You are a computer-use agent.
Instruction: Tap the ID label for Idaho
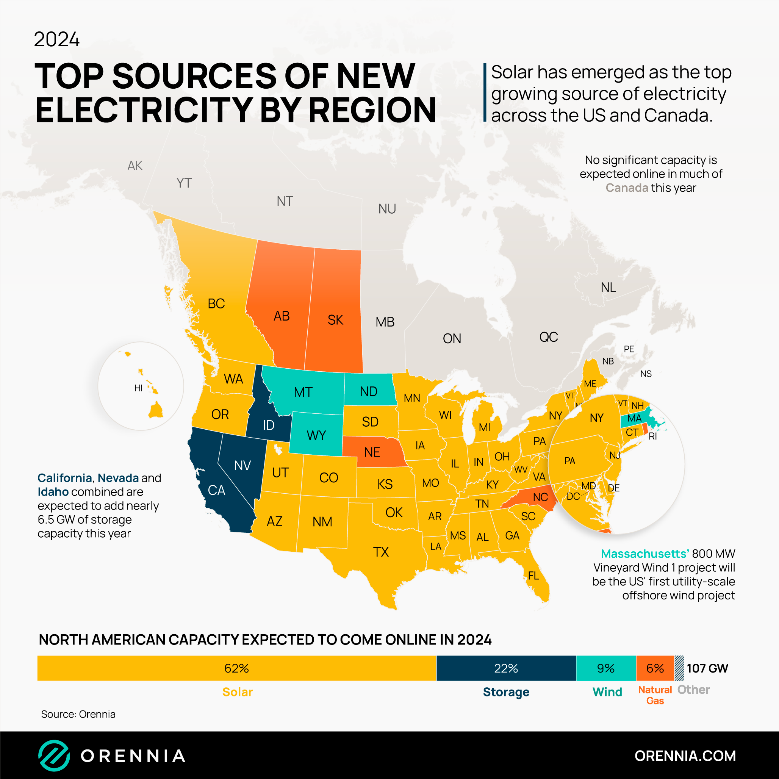click(269, 425)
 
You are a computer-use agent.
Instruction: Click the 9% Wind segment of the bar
click(605, 668)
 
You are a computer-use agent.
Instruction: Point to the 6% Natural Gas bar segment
click(655, 668)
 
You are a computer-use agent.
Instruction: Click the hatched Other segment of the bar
click(679, 668)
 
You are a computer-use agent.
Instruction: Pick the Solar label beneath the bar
click(238, 692)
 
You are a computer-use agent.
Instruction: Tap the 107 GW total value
click(707, 668)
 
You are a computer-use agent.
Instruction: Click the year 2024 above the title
click(56, 39)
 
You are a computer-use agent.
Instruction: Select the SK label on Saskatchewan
click(335, 320)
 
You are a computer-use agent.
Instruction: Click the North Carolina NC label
click(540, 497)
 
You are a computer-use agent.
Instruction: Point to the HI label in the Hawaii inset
click(138, 388)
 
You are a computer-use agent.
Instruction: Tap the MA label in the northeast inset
click(634, 418)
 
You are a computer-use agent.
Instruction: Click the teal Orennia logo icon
click(54, 755)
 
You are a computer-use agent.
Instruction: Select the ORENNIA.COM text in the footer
click(685, 756)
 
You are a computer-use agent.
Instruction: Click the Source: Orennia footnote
click(78, 714)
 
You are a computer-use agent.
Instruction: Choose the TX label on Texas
click(381, 552)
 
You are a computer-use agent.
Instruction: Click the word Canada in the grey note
click(627, 188)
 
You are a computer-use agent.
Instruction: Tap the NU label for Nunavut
click(387, 209)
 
